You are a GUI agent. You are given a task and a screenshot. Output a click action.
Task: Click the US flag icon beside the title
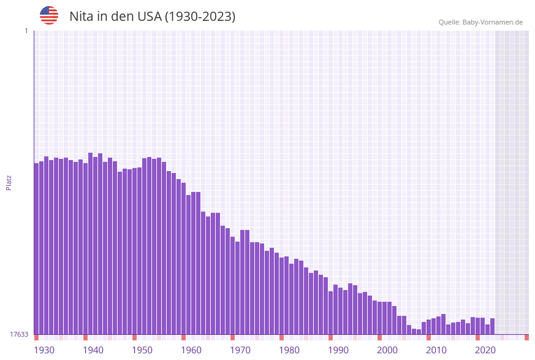click(x=49, y=15)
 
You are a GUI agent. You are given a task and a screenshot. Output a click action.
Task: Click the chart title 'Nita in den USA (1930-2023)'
click(x=152, y=17)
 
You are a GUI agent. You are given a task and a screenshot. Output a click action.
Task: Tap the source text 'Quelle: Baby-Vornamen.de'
click(x=480, y=22)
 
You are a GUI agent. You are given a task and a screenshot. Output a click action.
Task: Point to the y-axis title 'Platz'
click(x=9, y=182)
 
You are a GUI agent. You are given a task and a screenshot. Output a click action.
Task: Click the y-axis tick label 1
click(x=26, y=31)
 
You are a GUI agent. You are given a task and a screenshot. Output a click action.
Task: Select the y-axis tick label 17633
click(x=19, y=334)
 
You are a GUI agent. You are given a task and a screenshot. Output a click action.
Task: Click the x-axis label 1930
click(x=44, y=350)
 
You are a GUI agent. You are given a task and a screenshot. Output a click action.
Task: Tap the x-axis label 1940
click(x=93, y=350)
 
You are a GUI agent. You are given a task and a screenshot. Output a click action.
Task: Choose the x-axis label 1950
click(x=142, y=350)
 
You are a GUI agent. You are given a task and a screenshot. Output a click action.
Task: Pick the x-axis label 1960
click(x=191, y=350)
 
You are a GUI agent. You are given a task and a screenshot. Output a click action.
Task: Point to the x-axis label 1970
click(x=240, y=350)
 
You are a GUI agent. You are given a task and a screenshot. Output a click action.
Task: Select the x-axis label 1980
click(x=289, y=350)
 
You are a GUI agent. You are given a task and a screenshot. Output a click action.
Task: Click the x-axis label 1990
click(x=338, y=350)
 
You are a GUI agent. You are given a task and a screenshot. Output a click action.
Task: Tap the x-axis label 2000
click(x=387, y=350)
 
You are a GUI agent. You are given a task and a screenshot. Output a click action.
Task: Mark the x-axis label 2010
click(x=436, y=350)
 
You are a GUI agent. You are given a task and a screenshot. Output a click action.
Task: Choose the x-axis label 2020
click(x=485, y=350)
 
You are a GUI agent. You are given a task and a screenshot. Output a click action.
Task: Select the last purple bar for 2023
click(x=492, y=326)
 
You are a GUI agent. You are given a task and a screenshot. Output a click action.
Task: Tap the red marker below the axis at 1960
click(x=183, y=337)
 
